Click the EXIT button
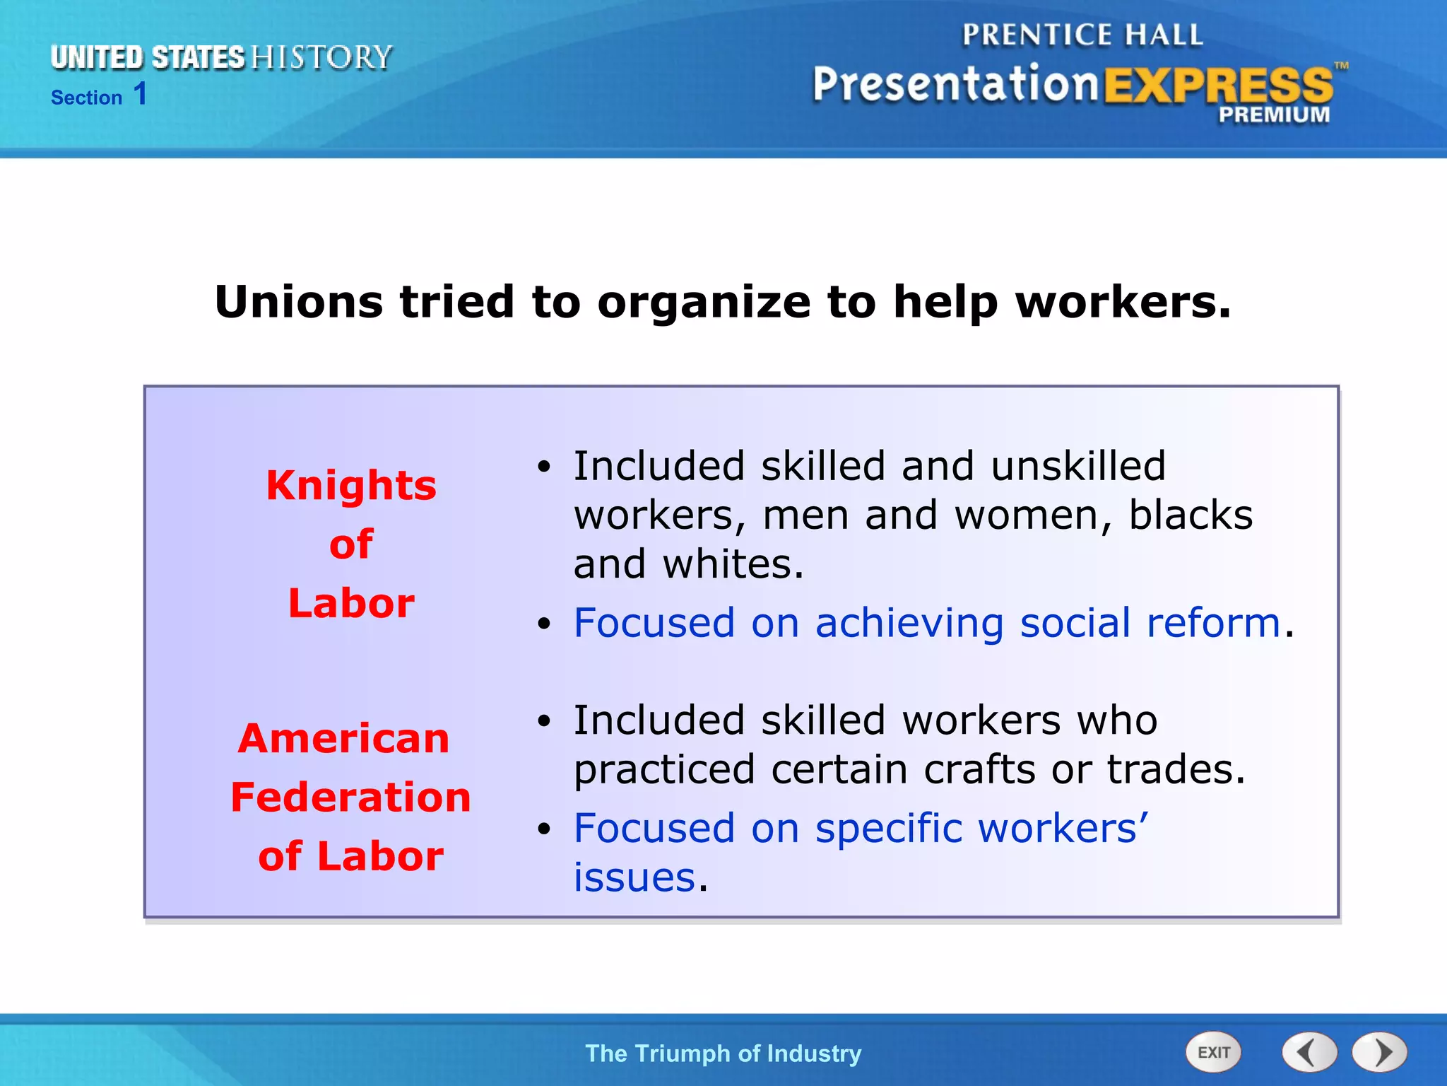1213,1053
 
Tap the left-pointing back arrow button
1309,1053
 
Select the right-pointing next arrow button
1379,1053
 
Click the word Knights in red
351,486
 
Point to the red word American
344,739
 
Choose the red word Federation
350,798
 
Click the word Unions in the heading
299,302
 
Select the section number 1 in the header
140,94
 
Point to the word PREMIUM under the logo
1274,115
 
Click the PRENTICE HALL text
1082,35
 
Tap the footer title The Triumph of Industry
723,1053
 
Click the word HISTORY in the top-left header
321,57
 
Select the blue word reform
1213,624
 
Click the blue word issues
634,878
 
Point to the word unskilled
1077,467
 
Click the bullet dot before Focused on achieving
543,624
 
